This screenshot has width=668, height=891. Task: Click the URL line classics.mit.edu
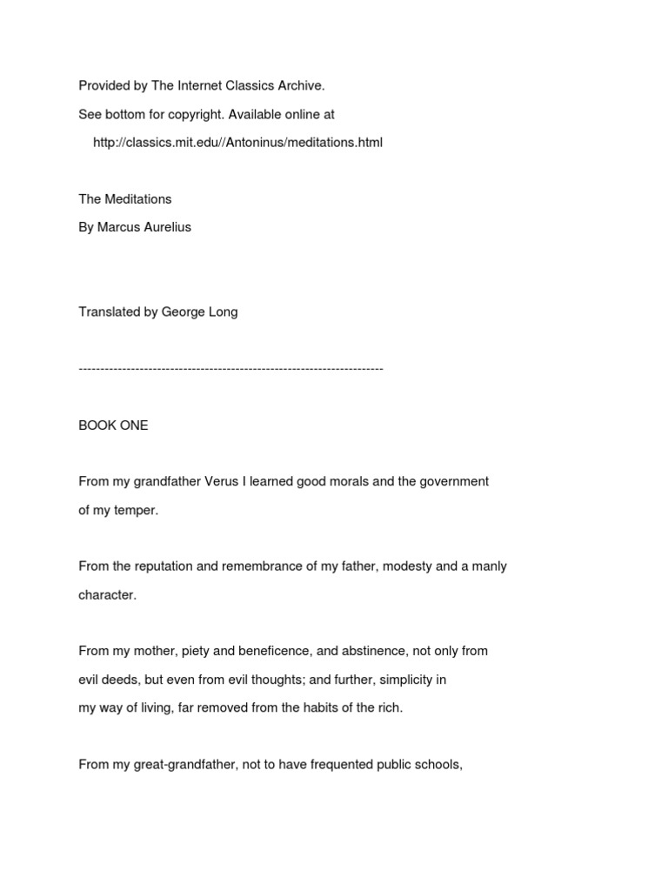click(x=237, y=142)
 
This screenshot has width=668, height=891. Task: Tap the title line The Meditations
click(x=124, y=199)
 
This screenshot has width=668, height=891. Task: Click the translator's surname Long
click(x=223, y=312)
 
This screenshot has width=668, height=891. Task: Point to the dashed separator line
click(x=230, y=369)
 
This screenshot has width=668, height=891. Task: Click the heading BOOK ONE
click(x=113, y=425)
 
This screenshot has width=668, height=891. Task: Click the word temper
click(x=137, y=510)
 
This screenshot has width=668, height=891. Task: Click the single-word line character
click(x=107, y=595)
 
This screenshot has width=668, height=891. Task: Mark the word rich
click(x=391, y=707)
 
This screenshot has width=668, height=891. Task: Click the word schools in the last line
click(x=440, y=765)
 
